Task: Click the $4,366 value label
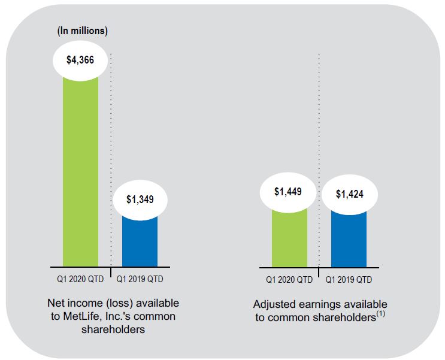80,60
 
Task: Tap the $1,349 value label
140,199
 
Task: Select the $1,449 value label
289,192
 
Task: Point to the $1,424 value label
349,193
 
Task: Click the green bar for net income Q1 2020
80,174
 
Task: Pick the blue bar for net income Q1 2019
140,243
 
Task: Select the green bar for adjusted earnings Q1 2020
289,240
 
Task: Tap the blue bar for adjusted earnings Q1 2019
349,240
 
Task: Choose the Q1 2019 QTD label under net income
140,279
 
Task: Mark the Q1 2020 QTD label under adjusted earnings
289,279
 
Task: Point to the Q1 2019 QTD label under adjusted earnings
349,279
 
